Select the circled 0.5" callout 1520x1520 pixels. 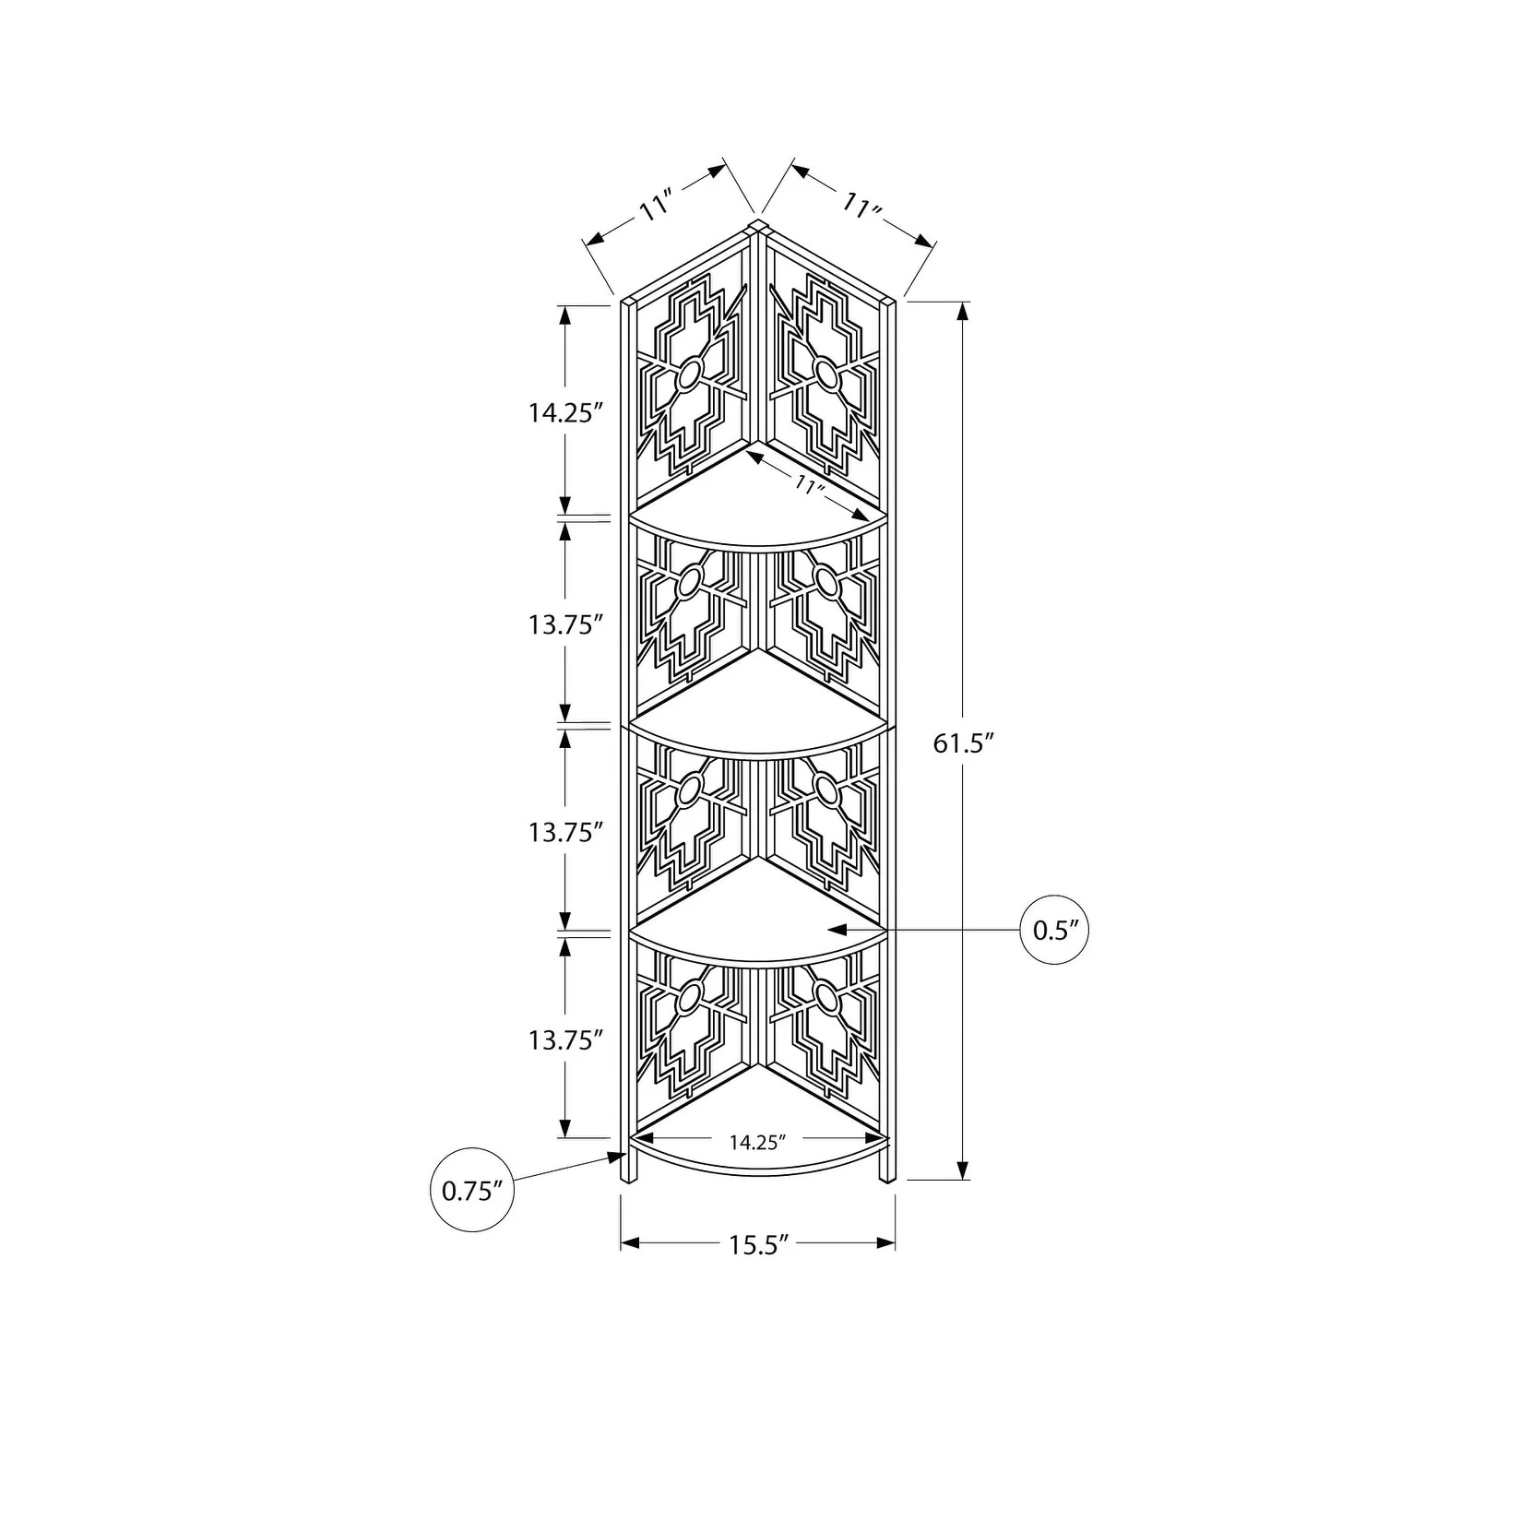(x=1055, y=930)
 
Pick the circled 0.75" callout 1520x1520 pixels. (x=472, y=1190)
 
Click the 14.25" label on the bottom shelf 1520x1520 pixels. (x=756, y=1143)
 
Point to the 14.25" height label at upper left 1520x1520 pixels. (x=565, y=412)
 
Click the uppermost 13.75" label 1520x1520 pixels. (x=565, y=624)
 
